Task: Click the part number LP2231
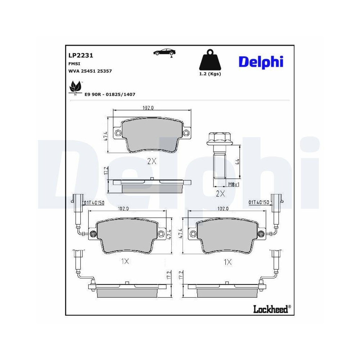coord(81,55)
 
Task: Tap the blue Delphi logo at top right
coord(260,62)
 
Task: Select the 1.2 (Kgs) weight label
coord(210,74)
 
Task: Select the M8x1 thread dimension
coord(234,184)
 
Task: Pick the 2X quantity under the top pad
coord(152,161)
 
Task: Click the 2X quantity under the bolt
coord(220,194)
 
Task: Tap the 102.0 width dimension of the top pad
coord(148,108)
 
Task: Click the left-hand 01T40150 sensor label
coord(94,203)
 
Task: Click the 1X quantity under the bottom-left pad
coord(125,262)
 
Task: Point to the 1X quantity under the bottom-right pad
coord(227,262)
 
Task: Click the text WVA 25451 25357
coord(90,71)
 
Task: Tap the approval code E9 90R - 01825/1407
coord(109,94)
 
